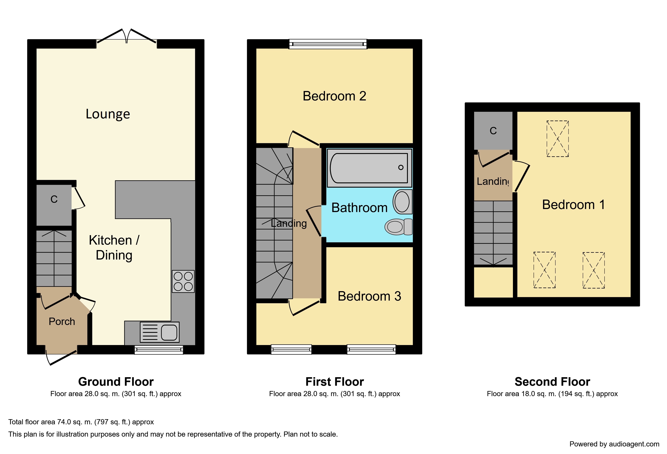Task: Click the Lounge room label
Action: coord(108,114)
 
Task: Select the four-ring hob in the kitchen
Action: coord(183,281)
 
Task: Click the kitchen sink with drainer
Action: coord(160,332)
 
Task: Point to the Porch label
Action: coord(62,322)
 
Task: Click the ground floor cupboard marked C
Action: coord(54,205)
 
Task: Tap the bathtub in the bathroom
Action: coord(369,168)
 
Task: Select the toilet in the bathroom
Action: coord(398,227)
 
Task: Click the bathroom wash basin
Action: coord(402,202)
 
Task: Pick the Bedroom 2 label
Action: coord(334,96)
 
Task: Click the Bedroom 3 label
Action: coord(369,296)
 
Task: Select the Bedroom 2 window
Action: coord(328,44)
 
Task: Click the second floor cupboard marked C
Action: coord(493,131)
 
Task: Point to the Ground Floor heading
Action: coord(116,382)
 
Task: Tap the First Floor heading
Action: coord(335,382)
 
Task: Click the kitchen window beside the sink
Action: coord(159,350)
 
